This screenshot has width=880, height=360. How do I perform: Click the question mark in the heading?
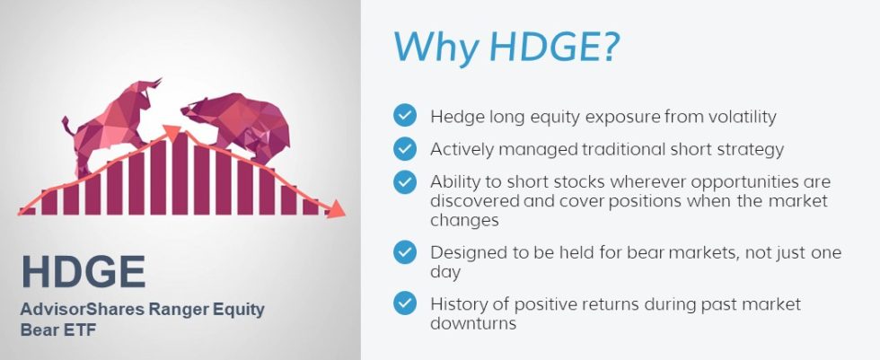pyautogui.click(x=607, y=47)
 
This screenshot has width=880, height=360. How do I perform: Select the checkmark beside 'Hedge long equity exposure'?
pyautogui.click(x=405, y=115)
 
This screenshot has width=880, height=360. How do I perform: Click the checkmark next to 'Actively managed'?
pyautogui.click(x=405, y=148)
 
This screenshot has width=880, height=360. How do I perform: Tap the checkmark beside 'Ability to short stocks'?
pyautogui.click(x=405, y=181)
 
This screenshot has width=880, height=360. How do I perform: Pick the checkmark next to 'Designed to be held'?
pyautogui.click(x=405, y=252)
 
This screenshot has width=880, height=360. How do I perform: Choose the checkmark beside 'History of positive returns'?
pyautogui.click(x=405, y=303)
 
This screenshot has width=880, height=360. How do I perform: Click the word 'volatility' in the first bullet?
pyautogui.click(x=737, y=116)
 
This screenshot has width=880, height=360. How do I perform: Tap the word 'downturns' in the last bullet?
pyautogui.click(x=473, y=323)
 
